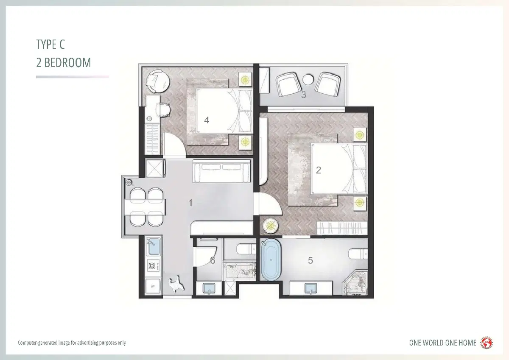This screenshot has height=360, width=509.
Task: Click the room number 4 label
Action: tap(207, 120)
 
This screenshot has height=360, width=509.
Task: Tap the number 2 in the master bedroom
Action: tap(319, 170)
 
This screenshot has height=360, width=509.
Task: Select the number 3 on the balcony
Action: tap(304, 95)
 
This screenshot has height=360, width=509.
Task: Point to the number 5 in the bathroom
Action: tap(310, 260)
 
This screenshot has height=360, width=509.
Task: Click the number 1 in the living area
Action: tap(190, 203)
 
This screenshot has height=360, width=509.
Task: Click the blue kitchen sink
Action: tap(154, 246)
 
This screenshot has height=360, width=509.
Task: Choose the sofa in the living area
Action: tap(222, 171)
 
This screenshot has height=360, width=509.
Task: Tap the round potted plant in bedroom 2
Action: tap(271, 226)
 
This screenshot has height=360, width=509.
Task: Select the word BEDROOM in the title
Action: tap(67, 63)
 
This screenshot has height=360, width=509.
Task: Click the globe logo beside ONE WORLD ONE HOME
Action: tap(486, 343)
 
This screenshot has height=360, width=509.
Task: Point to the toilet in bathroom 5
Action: tap(358, 254)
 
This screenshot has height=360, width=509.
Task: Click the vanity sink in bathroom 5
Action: tap(310, 288)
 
